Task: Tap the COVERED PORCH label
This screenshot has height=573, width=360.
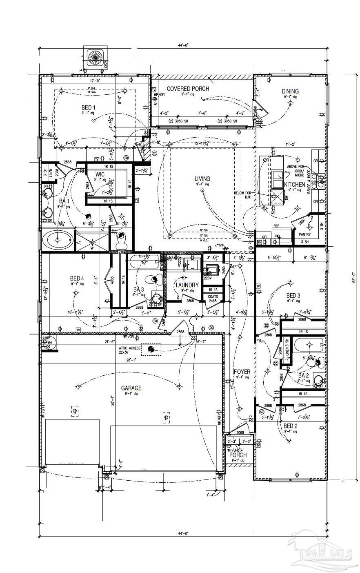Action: (188, 89)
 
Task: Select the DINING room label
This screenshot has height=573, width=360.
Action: (290, 91)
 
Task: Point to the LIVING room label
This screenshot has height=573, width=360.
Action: (202, 178)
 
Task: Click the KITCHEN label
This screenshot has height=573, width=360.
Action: (295, 185)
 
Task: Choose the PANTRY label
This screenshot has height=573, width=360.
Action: (304, 234)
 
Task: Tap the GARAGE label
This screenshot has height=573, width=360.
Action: (131, 388)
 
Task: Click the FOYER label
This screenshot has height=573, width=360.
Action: (242, 372)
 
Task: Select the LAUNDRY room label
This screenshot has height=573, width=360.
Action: (187, 285)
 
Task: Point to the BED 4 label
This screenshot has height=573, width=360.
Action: (77, 279)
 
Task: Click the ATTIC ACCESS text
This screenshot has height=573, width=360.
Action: (129, 348)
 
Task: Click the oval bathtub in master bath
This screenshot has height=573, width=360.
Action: (57, 240)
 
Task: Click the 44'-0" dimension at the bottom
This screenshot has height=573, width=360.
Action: (183, 533)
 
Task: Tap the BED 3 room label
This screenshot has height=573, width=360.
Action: (293, 295)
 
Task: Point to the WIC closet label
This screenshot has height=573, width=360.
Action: (100, 174)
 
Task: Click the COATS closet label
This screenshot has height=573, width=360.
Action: (213, 297)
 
